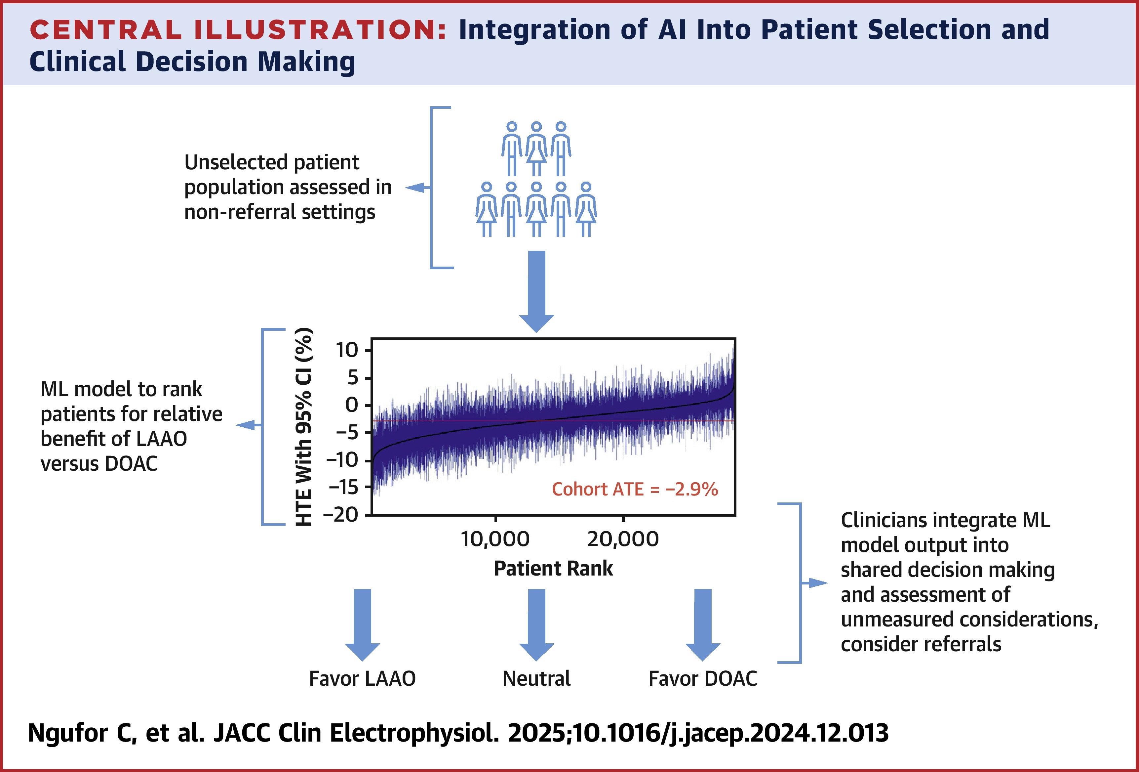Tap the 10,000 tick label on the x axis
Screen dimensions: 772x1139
click(495, 539)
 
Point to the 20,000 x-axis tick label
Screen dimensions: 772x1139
click(623, 539)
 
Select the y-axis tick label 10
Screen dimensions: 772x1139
click(347, 350)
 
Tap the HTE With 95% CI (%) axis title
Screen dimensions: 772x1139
click(304, 427)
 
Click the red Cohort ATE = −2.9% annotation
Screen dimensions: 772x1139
click(635, 489)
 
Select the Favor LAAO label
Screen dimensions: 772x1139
click(362, 679)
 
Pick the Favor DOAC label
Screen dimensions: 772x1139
click(703, 679)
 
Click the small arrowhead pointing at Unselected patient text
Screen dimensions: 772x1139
click(415, 187)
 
